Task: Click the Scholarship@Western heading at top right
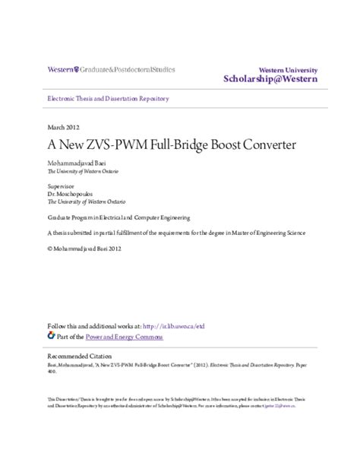[x=270, y=79]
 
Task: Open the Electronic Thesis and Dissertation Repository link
[x=108, y=99]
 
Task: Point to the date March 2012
[x=63, y=127]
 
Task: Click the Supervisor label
[x=62, y=185]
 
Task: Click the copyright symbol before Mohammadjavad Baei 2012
[x=50, y=247]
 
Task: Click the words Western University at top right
[x=288, y=69]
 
